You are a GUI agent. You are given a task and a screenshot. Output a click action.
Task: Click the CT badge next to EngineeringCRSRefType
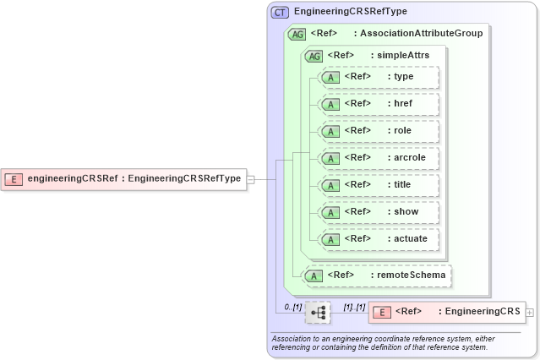280,12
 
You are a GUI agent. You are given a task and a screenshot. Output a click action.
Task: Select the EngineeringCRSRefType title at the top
350,12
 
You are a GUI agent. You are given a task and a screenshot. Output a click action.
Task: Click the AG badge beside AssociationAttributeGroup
297,34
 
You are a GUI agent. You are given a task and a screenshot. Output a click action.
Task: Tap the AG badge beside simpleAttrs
314,56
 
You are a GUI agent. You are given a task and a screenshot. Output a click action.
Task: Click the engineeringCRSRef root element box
124,178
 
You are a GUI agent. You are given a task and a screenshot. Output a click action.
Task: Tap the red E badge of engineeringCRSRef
14,178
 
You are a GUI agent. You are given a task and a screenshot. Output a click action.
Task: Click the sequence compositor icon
319,313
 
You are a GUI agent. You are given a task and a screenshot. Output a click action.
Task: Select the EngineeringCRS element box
446,313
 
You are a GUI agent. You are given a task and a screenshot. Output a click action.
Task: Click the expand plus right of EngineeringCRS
530,313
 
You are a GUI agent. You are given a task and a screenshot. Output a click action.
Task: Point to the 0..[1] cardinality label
292,306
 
